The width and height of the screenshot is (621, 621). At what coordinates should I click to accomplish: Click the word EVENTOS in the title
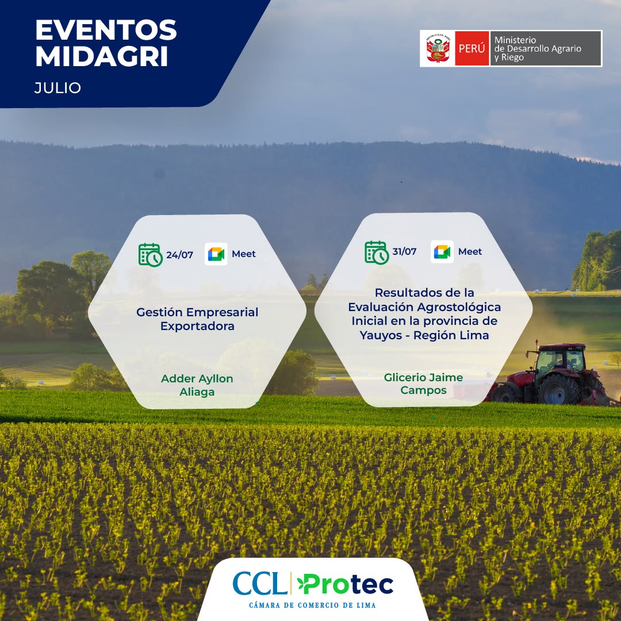tap(106, 30)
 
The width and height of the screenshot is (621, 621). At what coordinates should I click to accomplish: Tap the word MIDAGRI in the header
tap(102, 56)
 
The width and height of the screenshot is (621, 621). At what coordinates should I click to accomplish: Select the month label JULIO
tap(57, 87)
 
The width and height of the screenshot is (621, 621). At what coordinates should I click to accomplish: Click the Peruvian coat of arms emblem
tap(438, 48)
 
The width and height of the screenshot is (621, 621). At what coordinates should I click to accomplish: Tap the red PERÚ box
tap(471, 48)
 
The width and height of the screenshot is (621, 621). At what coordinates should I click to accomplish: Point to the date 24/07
tap(179, 255)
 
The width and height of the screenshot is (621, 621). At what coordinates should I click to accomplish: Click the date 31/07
tap(404, 251)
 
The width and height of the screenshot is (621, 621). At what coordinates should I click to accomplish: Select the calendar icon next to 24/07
tap(151, 255)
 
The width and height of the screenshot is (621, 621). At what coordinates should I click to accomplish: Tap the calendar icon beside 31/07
tap(377, 252)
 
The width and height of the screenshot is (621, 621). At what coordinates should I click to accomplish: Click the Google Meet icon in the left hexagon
tap(216, 254)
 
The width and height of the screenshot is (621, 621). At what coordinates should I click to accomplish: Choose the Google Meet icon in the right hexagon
tap(442, 251)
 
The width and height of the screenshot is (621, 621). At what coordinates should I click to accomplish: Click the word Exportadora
tap(197, 327)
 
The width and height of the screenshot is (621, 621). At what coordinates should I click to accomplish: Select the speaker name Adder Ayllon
tap(197, 378)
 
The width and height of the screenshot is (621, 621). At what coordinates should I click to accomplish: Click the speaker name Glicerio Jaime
tap(423, 377)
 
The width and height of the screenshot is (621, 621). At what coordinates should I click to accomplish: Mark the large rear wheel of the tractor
tap(559, 389)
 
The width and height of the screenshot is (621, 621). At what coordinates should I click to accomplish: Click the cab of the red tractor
tap(561, 358)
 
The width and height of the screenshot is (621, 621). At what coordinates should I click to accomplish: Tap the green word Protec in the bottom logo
tap(346, 584)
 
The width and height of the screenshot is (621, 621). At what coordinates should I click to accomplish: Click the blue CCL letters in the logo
tap(260, 584)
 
